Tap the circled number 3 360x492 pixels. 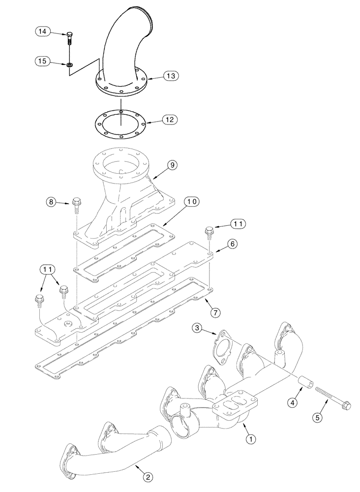[196, 327]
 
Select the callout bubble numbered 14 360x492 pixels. [43, 31]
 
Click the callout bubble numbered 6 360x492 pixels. [233, 244]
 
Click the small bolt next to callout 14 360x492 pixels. [69, 40]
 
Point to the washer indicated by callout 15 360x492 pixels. [70, 64]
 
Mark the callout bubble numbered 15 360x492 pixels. [43, 61]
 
